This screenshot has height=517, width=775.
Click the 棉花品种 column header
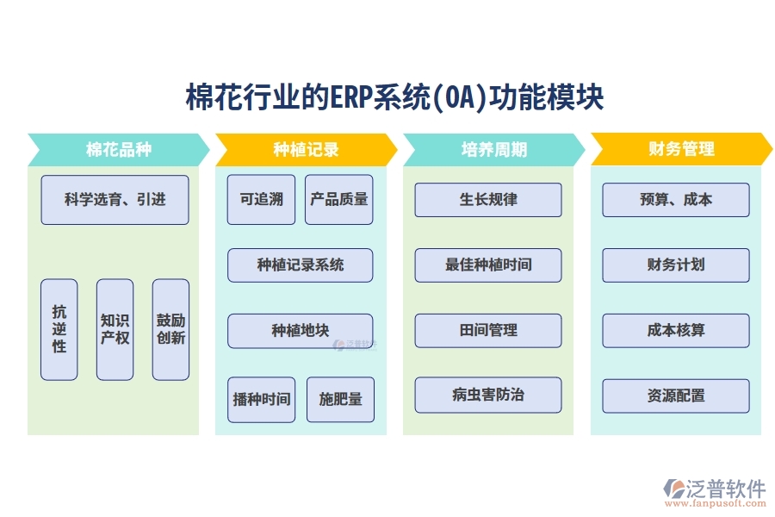(119, 149)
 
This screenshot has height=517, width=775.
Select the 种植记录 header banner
(306, 149)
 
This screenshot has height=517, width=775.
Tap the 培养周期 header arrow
(493, 149)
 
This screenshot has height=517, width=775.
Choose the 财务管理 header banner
(681, 149)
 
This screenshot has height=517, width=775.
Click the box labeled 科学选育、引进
(115, 200)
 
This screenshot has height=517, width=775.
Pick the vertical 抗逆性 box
(59, 329)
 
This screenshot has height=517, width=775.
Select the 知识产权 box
(115, 329)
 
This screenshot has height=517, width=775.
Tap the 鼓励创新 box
(170, 329)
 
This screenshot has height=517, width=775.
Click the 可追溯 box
(261, 200)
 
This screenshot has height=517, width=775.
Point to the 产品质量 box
(339, 200)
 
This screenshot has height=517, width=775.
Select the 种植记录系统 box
(300, 265)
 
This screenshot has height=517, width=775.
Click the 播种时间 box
(261, 400)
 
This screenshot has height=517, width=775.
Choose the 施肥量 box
(340, 400)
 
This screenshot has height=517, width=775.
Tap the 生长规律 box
(487, 200)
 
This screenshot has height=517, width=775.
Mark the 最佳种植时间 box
(487, 265)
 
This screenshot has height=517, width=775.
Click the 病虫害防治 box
(487, 396)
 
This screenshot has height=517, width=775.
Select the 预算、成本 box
(675, 200)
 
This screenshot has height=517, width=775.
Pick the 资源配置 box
(675, 396)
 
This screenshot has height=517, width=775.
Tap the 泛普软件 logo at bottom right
(714, 492)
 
